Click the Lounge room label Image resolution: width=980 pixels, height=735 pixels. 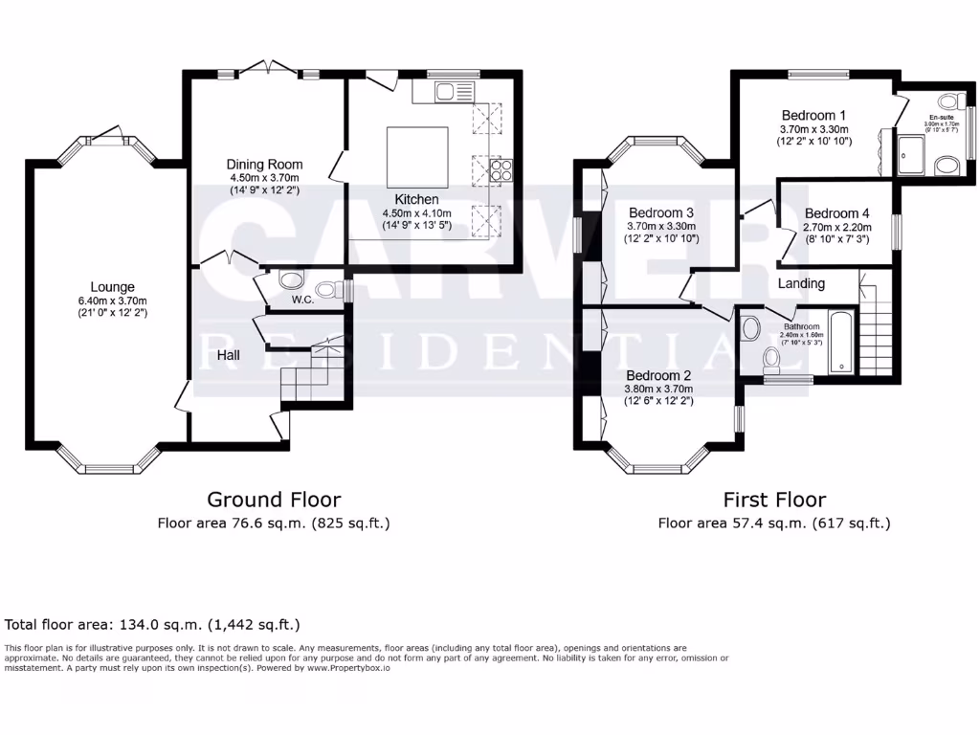coord(112,287)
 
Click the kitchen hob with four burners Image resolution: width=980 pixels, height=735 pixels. coord(501,170)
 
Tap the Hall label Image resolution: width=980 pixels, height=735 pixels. coord(227,355)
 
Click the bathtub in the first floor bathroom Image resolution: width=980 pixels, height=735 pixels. coord(839,340)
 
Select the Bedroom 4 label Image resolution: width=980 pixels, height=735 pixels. coord(837,213)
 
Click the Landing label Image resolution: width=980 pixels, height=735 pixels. coord(801,283)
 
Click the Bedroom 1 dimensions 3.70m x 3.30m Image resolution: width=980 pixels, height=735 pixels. coord(815,128)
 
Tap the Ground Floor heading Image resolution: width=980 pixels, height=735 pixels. coord(274,500)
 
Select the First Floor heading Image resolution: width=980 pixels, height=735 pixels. coord(774,500)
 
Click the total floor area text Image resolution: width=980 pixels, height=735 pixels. coord(153,625)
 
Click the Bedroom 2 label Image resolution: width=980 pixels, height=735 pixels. coord(657,375)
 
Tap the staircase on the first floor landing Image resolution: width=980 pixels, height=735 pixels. coord(875,325)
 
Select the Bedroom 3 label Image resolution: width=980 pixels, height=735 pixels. coord(661,212)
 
